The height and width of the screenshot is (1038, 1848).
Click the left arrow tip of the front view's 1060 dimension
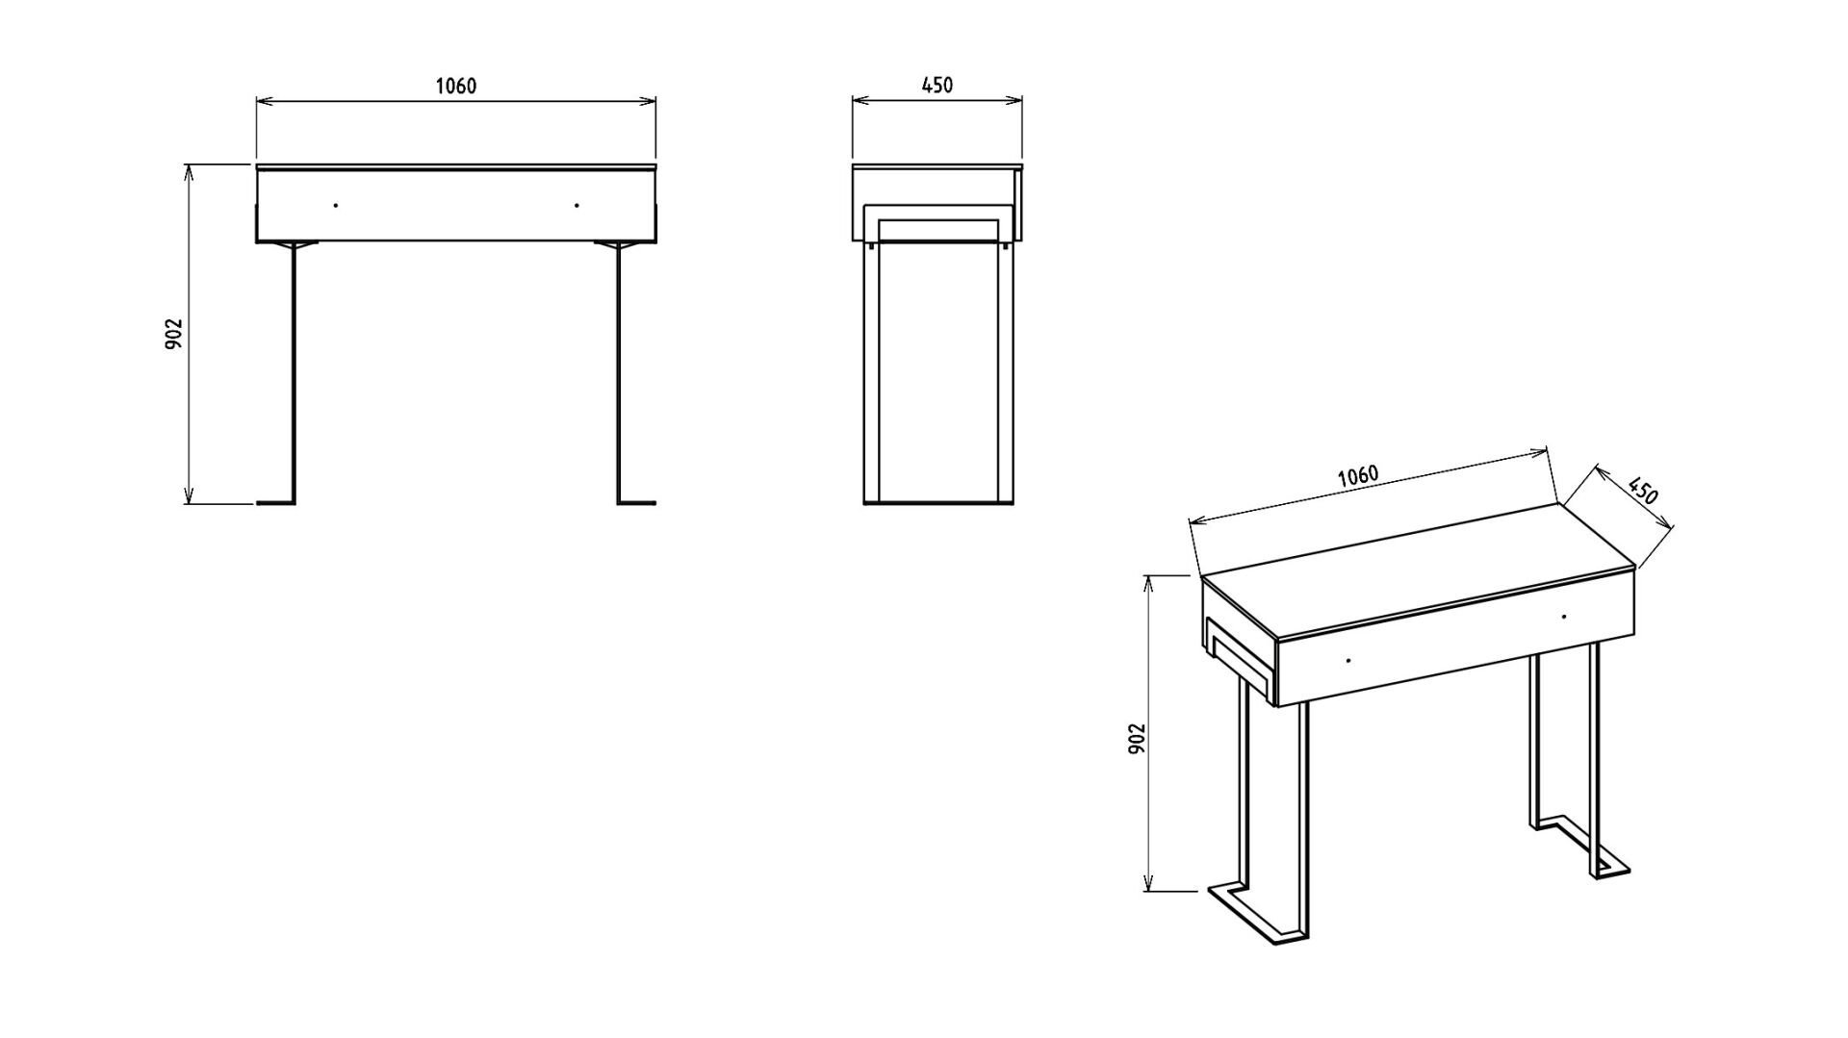coord(257,100)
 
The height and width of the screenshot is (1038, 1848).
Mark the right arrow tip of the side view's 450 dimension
coord(1021,99)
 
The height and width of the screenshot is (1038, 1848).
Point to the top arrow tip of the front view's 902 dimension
coord(189,165)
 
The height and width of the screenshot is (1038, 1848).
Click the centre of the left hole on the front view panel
coord(335,205)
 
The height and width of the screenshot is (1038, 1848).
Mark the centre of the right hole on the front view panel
coord(577,205)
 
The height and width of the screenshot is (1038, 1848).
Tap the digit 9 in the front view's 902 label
coord(173,344)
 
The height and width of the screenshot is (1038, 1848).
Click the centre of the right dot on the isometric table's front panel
coord(1564,616)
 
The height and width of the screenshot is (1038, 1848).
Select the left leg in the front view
coord(292,372)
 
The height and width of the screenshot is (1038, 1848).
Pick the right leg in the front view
coord(621,372)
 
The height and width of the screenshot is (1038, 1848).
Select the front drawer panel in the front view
coord(456,206)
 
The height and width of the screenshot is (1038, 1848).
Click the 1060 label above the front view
coord(456,86)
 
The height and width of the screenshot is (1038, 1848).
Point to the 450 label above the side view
coord(937,85)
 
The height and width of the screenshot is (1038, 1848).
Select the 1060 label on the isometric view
coord(1358,475)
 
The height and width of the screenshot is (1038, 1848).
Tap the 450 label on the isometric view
coord(1643,491)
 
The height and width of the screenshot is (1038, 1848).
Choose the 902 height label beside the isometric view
coord(1136,738)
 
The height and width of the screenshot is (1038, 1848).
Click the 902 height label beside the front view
coord(173,334)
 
